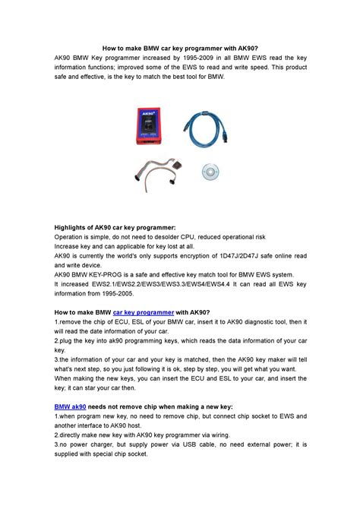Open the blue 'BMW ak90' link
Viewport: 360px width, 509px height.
click(x=71, y=407)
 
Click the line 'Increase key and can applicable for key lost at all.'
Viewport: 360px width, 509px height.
click(x=123, y=247)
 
